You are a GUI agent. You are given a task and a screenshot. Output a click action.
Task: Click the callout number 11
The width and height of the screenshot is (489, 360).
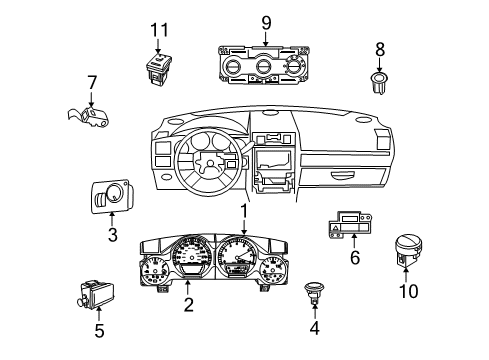click(x=154, y=31)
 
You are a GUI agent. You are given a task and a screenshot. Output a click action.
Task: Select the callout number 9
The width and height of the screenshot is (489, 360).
click(x=266, y=21)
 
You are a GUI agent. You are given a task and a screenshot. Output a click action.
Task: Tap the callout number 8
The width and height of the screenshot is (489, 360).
click(x=380, y=48)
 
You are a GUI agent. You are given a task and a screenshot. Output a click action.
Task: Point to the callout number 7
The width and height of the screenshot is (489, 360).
click(x=91, y=83)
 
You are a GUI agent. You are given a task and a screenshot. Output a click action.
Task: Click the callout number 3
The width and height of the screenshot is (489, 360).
click(x=112, y=235)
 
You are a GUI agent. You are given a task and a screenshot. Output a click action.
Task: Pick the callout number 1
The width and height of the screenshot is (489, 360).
click(x=243, y=211)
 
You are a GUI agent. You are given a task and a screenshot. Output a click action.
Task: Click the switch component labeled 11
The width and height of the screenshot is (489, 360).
click(x=157, y=67)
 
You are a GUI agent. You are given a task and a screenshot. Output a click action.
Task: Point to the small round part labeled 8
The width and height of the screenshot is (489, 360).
click(x=380, y=82)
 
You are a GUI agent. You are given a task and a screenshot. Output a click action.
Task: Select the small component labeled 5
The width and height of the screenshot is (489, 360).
click(x=96, y=293)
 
